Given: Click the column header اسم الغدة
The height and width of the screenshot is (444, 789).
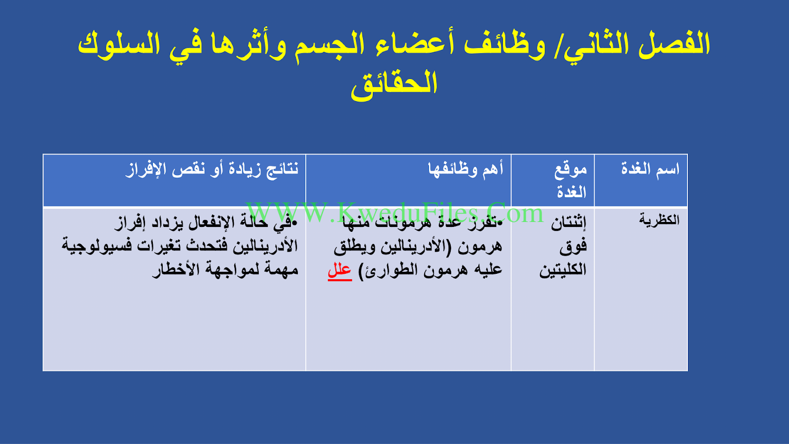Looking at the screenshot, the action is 650,169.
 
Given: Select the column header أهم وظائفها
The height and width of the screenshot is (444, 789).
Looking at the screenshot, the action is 466,169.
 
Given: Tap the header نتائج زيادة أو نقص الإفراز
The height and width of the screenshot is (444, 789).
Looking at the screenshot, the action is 212,170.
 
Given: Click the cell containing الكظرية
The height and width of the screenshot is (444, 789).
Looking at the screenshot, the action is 659,220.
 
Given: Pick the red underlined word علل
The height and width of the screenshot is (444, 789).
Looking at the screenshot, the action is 340,271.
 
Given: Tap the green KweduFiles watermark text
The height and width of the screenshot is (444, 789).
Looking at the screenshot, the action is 394,213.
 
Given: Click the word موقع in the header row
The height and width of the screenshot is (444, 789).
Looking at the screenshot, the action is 571,170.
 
